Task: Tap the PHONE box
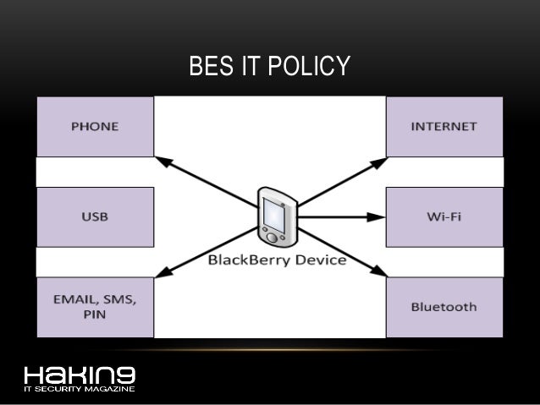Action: tap(94, 127)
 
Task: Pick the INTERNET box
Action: tap(444, 127)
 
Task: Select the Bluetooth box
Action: tap(444, 307)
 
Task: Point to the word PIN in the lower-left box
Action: tap(94, 315)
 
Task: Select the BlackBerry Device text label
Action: tap(277, 260)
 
